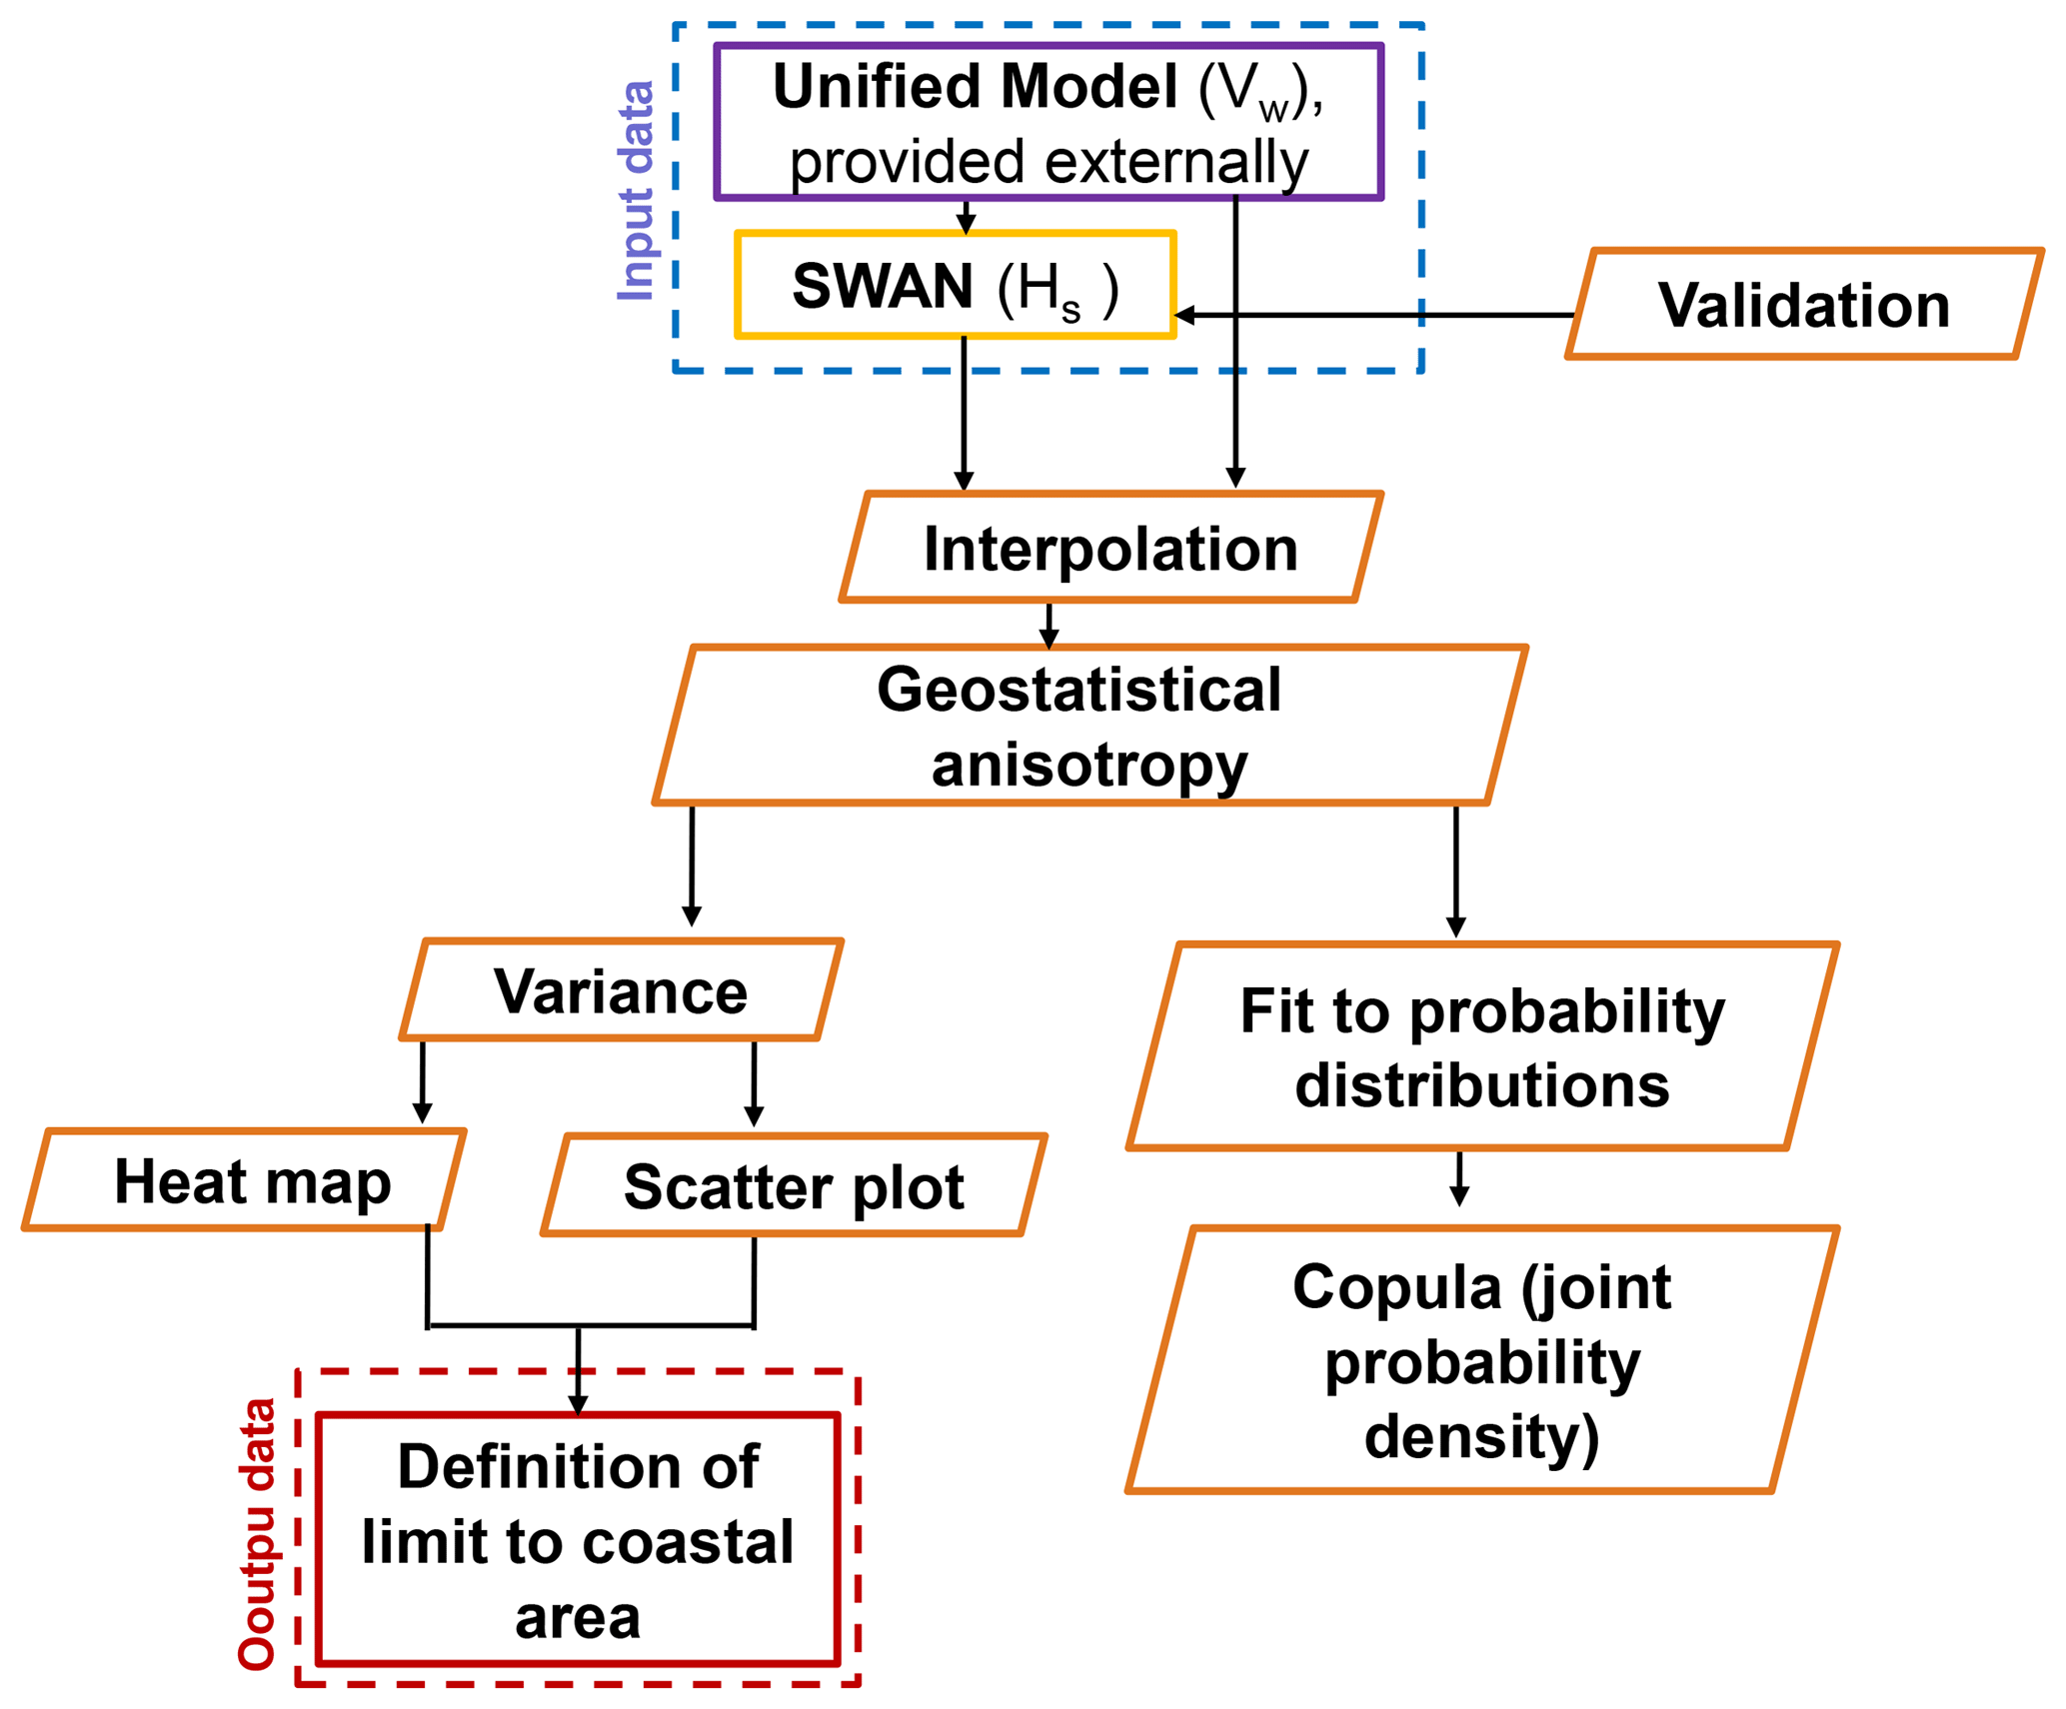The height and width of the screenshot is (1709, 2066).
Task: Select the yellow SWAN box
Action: click(955, 286)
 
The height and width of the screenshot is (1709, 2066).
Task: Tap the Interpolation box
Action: click(1110, 548)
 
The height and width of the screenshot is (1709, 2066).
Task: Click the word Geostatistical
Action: click(1078, 690)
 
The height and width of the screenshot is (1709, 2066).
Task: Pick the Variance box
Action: click(621, 990)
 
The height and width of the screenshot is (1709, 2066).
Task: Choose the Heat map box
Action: click(252, 1180)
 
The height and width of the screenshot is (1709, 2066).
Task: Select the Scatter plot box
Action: click(794, 1186)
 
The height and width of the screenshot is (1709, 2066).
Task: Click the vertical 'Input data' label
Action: click(636, 191)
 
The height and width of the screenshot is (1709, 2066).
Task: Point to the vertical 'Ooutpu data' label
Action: click(257, 1533)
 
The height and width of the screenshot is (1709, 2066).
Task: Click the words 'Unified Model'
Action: click(975, 87)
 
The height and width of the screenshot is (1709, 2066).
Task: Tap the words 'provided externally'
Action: click(1047, 162)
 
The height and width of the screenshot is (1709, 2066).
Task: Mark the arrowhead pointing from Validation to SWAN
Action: click(1184, 315)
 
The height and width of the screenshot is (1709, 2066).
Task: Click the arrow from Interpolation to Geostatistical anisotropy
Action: click(1048, 626)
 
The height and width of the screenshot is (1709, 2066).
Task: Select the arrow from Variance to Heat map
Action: click(423, 1083)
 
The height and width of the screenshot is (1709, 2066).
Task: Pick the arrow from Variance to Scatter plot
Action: click(754, 1085)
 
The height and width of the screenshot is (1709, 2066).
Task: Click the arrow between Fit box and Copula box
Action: click(1458, 1179)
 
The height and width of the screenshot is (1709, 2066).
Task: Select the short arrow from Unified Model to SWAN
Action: click(966, 217)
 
